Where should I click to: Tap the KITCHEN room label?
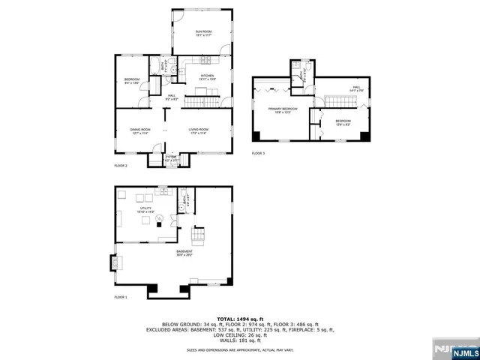[207, 77]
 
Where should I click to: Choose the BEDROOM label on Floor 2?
[132, 81]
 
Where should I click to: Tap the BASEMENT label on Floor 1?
[184, 253]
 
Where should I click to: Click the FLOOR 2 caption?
[121, 165]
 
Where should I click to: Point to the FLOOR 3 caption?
[259, 153]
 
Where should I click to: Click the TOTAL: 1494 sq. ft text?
[240, 319]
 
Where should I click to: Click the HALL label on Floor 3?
[356, 88]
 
